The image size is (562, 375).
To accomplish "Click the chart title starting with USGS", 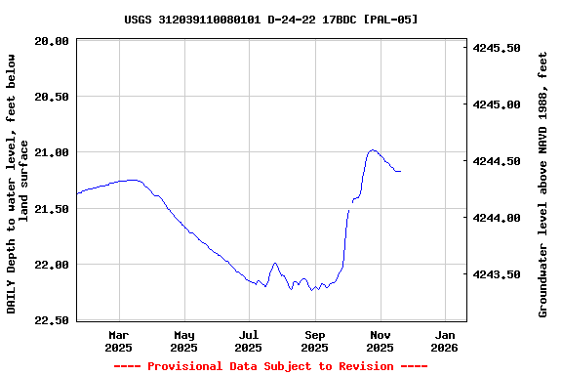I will point(271,19).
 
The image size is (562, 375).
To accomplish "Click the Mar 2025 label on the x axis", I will point(118,341).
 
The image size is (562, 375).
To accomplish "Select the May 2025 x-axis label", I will point(183,341).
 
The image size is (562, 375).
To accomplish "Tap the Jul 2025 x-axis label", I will point(249,341).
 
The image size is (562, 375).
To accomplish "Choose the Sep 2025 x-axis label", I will point(314,341).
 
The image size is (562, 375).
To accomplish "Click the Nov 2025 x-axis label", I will point(380,341).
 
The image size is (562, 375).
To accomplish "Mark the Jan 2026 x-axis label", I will point(444,341).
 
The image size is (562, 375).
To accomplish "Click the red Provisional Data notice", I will point(270,366).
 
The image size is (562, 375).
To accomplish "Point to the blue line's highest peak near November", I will point(372,150).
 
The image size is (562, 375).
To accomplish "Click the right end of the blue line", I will point(400,171).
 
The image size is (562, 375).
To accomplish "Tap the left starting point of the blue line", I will point(77,193).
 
